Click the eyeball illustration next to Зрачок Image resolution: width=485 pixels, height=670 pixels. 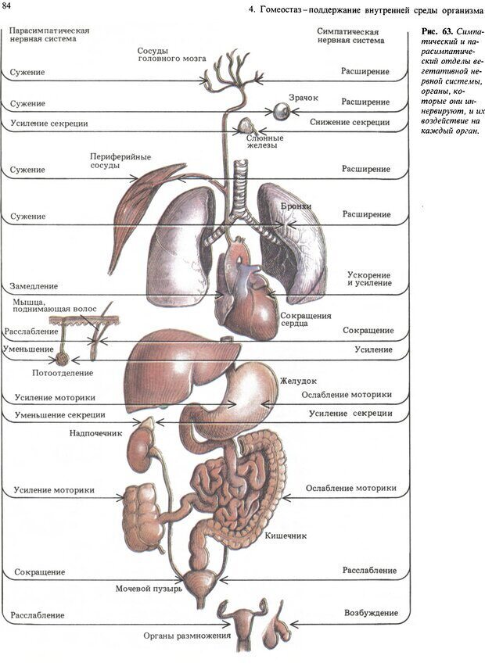pyautogui.click(x=279, y=112)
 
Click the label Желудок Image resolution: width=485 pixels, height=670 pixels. pyautogui.click(x=298, y=382)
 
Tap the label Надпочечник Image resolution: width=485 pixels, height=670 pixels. pyautogui.click(x=96, y=432)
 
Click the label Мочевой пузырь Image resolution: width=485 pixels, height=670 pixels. pyautogui.click(x=149, y=588)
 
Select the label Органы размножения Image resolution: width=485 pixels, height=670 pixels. pyautogui.click(x=187, y=636)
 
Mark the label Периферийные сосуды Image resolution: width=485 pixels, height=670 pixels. pyautogui.click(x=115, y=161)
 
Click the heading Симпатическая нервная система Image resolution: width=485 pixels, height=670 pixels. pyautogui.click(x=351, y=34)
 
